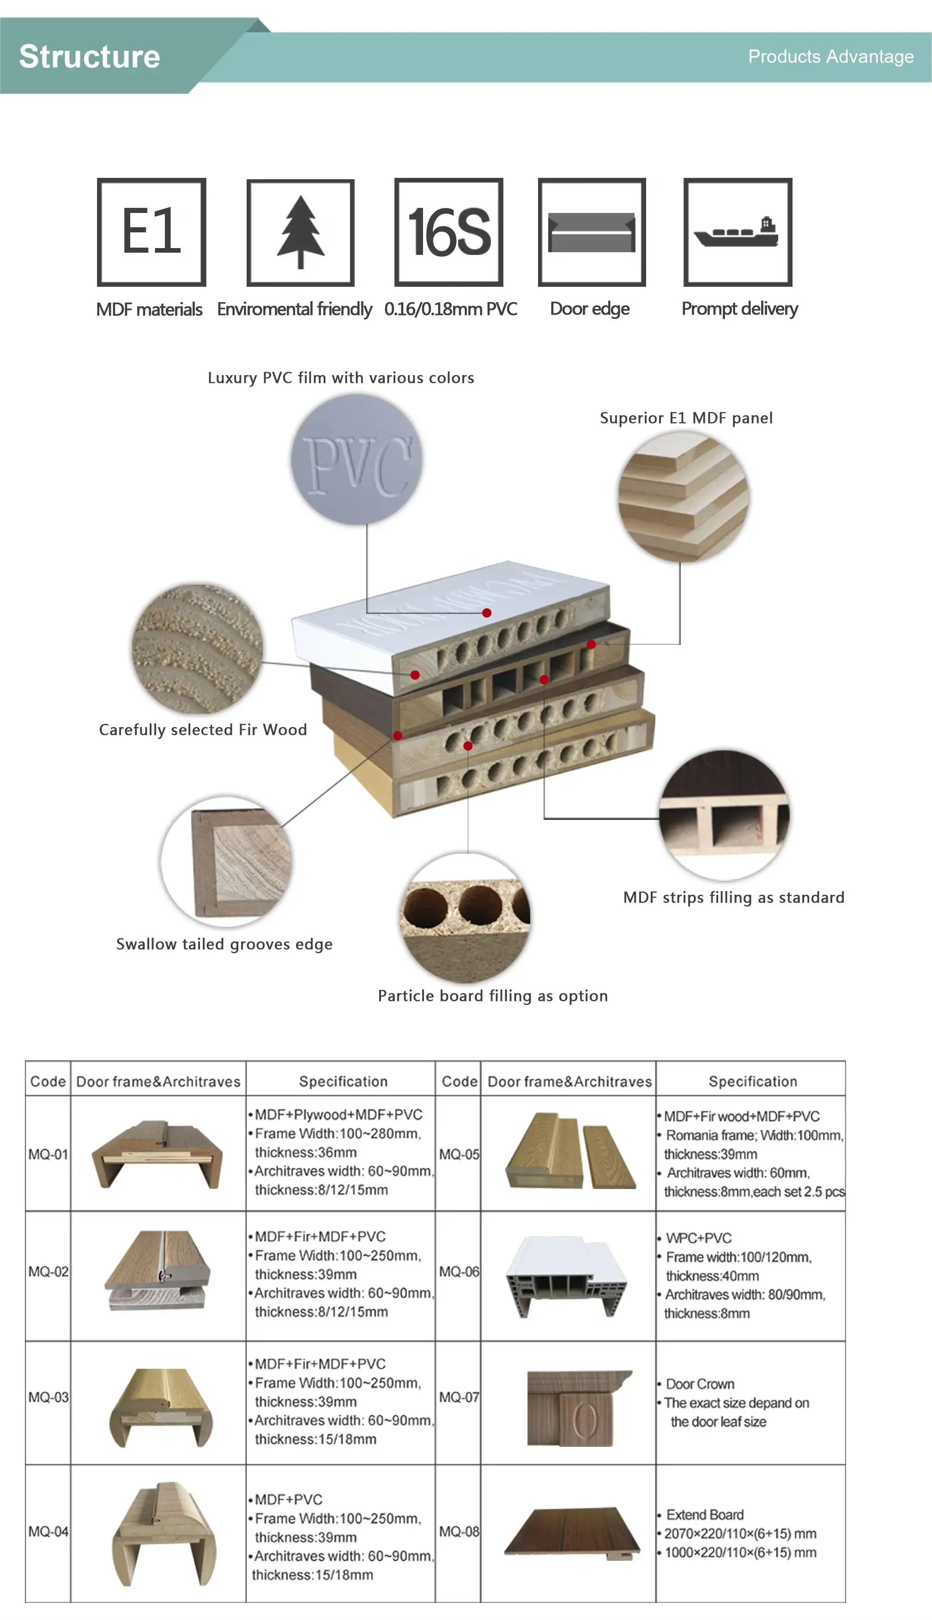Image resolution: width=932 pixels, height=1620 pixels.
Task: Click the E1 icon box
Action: coord(151,232)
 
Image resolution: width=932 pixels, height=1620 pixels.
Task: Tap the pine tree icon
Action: coord(300,232)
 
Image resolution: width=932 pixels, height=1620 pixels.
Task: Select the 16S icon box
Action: coord(449,232)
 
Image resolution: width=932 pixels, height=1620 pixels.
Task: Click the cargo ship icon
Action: coord(738,232)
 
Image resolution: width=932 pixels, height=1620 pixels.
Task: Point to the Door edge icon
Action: coord(592,232)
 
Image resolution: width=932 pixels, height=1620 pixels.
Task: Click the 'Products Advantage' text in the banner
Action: coord(830,57)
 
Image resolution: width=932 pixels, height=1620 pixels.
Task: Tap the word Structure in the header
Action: coord(90,56)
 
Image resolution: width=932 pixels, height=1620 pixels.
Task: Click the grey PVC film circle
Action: coord(357,460)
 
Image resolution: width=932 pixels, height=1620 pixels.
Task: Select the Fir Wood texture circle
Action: coord(197,649)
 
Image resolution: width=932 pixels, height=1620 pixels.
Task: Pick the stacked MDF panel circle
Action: coord(684,497)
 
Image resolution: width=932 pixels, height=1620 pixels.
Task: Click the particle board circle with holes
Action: coord(466,917)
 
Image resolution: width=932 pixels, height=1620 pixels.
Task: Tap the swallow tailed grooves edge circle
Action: coord(227,862)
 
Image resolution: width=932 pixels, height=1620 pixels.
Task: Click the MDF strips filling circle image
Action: coord(725,815)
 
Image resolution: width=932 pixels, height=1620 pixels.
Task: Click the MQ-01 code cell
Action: coord(48,1154)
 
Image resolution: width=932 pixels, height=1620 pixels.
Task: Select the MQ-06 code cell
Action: coord(458,1271)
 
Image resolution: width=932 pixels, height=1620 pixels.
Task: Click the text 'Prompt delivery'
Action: coord(739,309)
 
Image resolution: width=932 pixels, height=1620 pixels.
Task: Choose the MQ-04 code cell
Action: coord(48,1532)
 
